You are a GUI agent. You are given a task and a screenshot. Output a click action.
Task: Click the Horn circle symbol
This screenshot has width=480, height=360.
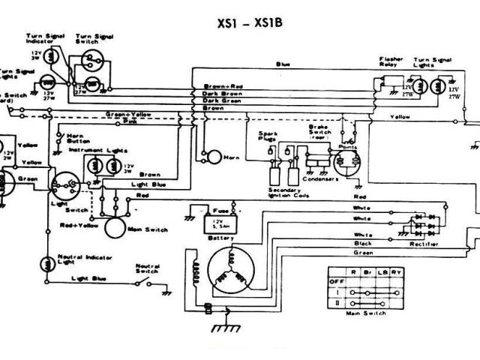pyautogui.click(x=214, y=157)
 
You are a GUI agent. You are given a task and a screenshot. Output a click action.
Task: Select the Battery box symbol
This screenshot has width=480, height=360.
pyautogui.click(x=221, y=224)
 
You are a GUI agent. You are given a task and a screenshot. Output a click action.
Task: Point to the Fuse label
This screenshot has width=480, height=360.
pyautogui.click(x=219, y=211)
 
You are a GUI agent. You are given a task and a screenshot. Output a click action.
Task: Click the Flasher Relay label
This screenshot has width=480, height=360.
pyautogui.click(x=391, y=61)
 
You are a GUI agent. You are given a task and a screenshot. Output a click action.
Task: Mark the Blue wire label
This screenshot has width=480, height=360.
pyautogui.click(x=283, y=64)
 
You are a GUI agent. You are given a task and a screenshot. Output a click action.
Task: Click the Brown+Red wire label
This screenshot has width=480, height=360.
pyautogui.click(x=223, y=85)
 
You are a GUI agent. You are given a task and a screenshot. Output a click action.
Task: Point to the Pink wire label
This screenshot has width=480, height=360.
pyautogui.click(x=130, y=120)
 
